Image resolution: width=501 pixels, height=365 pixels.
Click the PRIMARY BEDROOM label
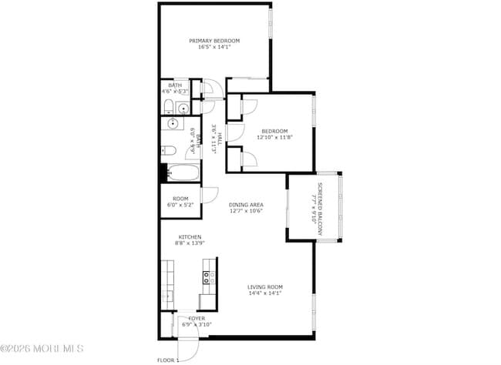tap(215, 40)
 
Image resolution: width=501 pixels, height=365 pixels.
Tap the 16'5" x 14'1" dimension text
tap(215, 47)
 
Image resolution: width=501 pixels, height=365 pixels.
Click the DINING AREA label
tap(246, 204)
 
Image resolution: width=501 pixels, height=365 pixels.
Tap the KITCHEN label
tap(190, 237)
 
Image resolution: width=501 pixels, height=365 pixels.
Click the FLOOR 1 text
tap(167, 360)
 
